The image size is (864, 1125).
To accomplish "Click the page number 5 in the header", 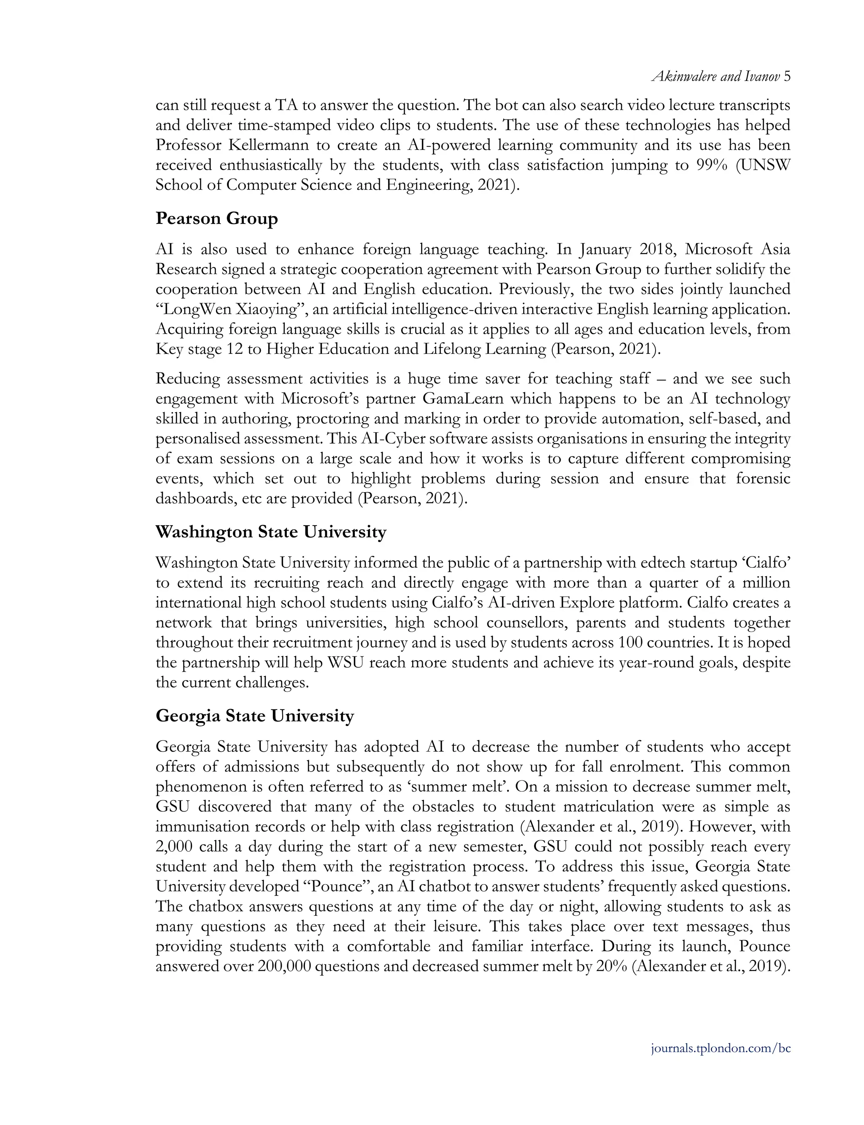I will [787, 77].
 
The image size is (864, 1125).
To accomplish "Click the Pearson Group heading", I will [216, 219].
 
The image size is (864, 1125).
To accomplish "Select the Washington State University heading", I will [270, 531].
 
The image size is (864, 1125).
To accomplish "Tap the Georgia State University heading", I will [254, 716].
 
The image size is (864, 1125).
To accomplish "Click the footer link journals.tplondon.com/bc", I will [721, 1048].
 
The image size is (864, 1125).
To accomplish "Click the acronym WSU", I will [346, 663].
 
